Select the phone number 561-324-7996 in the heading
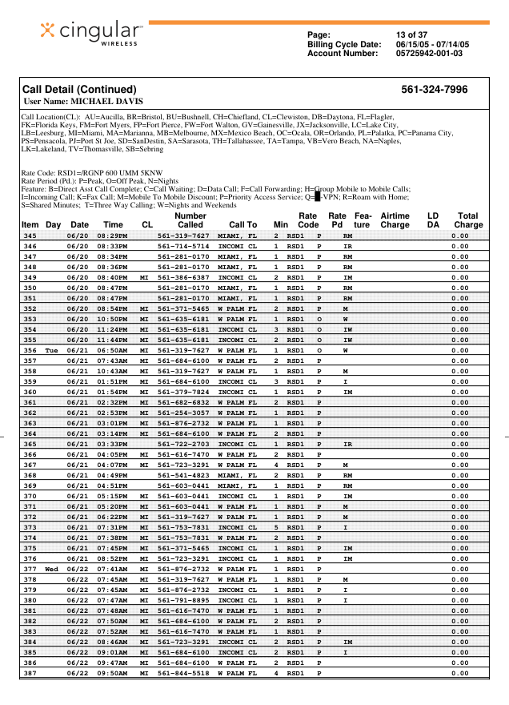coord(434,90)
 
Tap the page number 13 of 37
coord(411,34)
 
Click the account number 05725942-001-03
coord(429,54)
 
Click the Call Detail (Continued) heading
coord(79,90)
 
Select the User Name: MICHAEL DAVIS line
coord(83,102)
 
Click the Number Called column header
coord(190,220)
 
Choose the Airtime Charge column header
coord(395,220)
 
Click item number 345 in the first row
coord(30,236)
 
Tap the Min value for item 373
coord(276,527)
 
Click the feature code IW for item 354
coord(347,329)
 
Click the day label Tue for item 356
coord(52,350)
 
